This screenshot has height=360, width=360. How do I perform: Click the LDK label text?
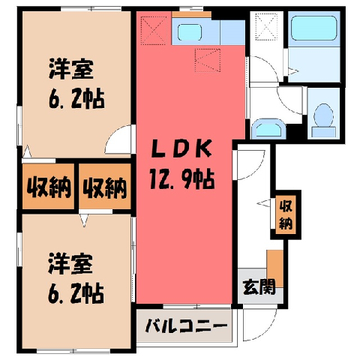coord(182,148)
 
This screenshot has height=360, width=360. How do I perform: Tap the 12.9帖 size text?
coord(182,178)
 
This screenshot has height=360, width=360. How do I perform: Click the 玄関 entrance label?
coord(259,286)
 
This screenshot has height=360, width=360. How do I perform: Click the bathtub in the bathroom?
coord(314,28)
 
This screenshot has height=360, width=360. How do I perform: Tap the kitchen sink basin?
coord(190,32)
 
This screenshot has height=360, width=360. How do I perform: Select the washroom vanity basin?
coord(268,130)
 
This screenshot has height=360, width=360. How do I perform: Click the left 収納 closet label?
coord(49,187)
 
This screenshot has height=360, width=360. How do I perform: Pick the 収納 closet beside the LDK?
coord(105,187)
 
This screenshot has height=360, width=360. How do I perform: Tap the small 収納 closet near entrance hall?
coord(286,215)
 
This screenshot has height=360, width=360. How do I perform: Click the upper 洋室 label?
coord(71,69)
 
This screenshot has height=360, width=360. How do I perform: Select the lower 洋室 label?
coord(70,264)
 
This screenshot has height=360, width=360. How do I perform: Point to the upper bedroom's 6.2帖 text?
coord(76,98)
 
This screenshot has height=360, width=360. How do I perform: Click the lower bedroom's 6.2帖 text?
coord(76,293)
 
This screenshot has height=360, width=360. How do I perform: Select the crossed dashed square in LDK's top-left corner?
coord(154,31)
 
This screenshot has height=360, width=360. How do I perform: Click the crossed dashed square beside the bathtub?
coord(266,27)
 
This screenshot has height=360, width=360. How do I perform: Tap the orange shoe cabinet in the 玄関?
coord(275,268)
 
